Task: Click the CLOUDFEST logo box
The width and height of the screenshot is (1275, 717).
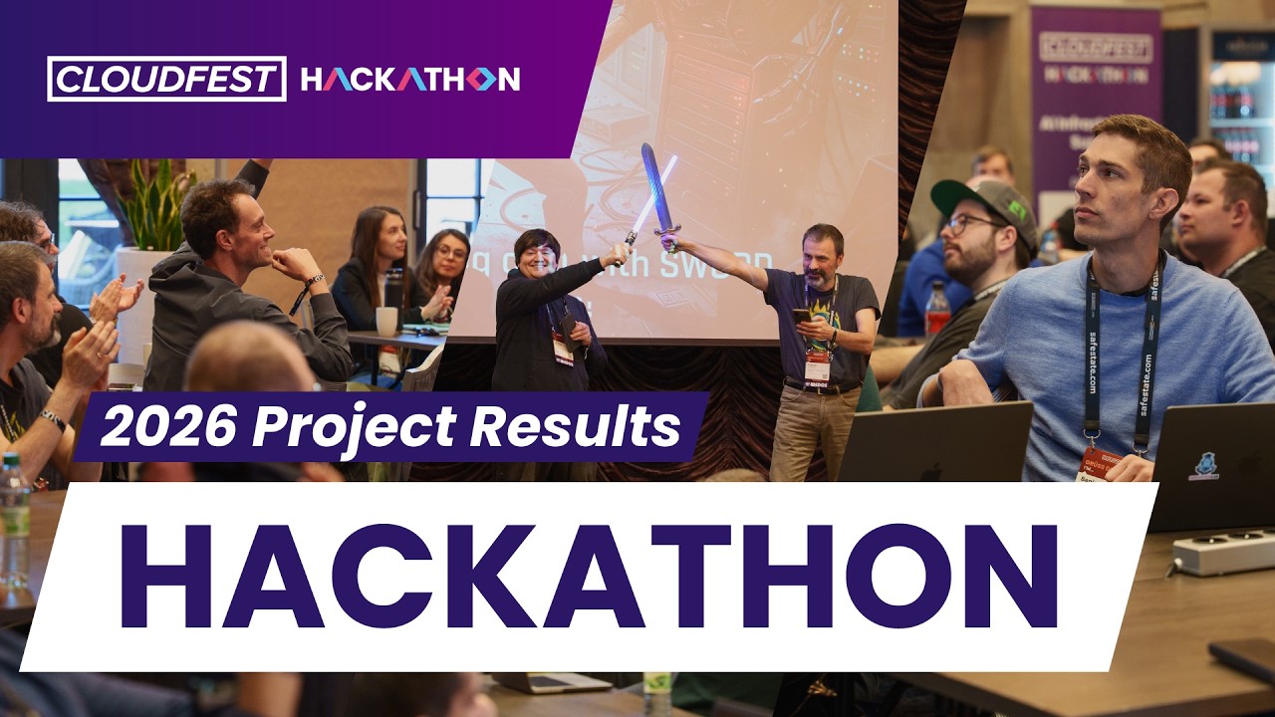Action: [x=166, y=79]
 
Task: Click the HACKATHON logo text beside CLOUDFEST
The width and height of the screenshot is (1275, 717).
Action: [x=410, y=80]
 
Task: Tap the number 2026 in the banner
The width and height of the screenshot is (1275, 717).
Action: [x=167, y=426]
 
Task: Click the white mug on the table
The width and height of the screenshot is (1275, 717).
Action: [x=386, y=321]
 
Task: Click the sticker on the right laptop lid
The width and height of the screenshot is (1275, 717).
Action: [x=1206, y=465]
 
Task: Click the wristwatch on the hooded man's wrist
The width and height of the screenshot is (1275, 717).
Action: [x=313, y=282]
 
